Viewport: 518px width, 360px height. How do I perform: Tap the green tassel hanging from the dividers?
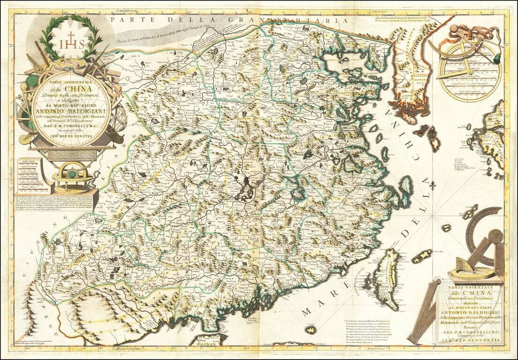tap(495, 60)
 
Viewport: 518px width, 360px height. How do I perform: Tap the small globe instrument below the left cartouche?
tap(71, 173)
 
